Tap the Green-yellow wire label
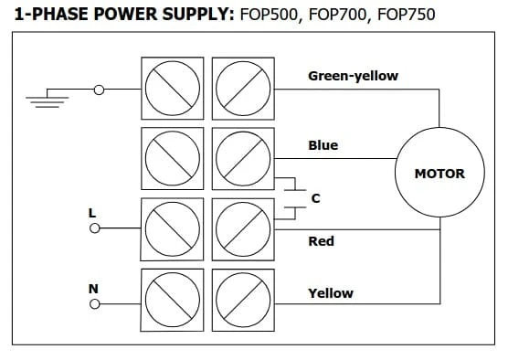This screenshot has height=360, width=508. [354, 76]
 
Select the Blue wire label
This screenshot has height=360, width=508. [323, 145]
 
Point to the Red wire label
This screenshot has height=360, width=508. [321, 241]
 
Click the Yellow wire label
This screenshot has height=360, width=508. [331, 293]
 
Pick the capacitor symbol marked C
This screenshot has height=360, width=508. [295, 198]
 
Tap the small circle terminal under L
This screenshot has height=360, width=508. [95, 228]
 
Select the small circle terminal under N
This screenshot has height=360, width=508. [95, 304]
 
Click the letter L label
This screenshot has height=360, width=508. [92, 213]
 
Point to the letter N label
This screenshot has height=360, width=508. [93, 289]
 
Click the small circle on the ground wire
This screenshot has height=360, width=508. [99, 90]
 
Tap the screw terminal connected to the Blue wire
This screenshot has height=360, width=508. [243, 158]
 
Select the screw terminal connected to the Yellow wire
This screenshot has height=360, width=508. [243, 300]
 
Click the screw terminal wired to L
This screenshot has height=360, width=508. [173, 229]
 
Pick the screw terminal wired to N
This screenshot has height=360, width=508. [173, 300]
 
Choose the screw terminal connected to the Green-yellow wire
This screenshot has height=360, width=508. [243, 89]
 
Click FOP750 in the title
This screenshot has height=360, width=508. [407, 15]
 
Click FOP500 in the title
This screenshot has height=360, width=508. [269, 15]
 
